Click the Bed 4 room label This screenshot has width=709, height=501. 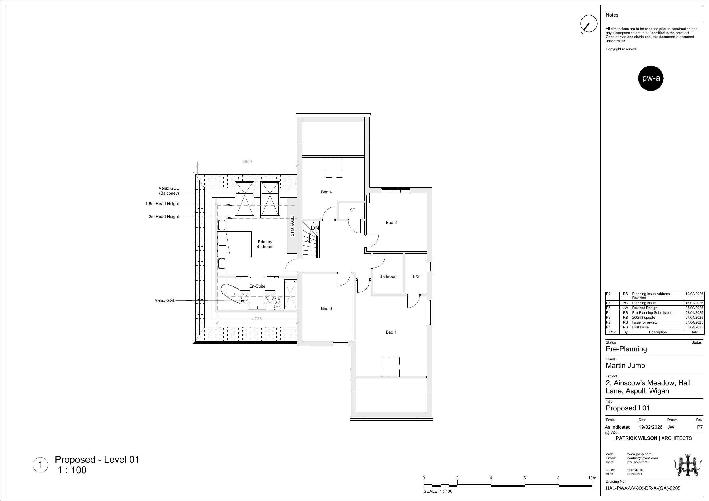click(x=326, y=192)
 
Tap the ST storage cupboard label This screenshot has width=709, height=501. click(x=352, y=210)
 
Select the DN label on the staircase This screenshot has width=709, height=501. click(x=315, y=228)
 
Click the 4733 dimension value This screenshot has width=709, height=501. click(x=257, y=319)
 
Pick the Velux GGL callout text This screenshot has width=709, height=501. click(x=165, y=300)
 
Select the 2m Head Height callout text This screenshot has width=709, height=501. click(x=164, y=217)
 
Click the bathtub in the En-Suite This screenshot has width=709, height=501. click(x=232, y=294)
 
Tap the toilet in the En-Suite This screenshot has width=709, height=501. click(x=277, y=303)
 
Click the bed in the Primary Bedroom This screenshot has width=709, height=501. click(x=235, y=244)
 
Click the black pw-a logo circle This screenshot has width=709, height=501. click(x=651, y=78)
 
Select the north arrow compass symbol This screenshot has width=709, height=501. click(x=589, y=24)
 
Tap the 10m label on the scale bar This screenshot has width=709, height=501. click(x=592, y=478)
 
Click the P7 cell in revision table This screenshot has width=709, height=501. click(x=608, y=294)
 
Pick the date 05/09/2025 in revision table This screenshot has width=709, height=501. click(x=694, y=308)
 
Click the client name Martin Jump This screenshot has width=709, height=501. click(x=625, y=365)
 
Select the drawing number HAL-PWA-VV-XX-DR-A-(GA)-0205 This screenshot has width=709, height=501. click(x=643, y=488)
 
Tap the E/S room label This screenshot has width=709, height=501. click(x=416, y=277)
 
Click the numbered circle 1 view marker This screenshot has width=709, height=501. click(x=40, y=465)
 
